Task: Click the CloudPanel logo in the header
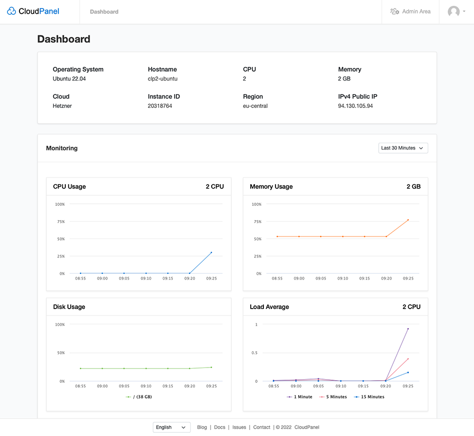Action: [x=33, y=11]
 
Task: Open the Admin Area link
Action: [x=410, y=12]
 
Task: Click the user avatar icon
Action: [x=453, y=12]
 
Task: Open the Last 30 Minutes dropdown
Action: [x=403, y=148]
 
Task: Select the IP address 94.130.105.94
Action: [x=355, y=106]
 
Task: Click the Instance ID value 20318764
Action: [x=160, y=106]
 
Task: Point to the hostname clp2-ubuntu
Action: [x=162, y=78]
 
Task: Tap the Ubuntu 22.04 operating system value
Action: [x=69, y=78]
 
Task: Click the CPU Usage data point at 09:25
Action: [x=212, y=253]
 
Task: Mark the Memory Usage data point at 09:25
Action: [x=408, y=220]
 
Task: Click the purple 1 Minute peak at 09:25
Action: [x=408, y=329]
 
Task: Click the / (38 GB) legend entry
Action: [x=139, y=397]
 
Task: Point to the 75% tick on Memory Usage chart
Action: [x=257, y=222]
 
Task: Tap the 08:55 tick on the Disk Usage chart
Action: [x=80, y=386]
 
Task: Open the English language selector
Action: [x=172, y=427]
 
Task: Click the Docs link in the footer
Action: [x=220, y=427]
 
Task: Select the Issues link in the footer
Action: [x=239, y=427]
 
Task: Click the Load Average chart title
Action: [x=269, y=307]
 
